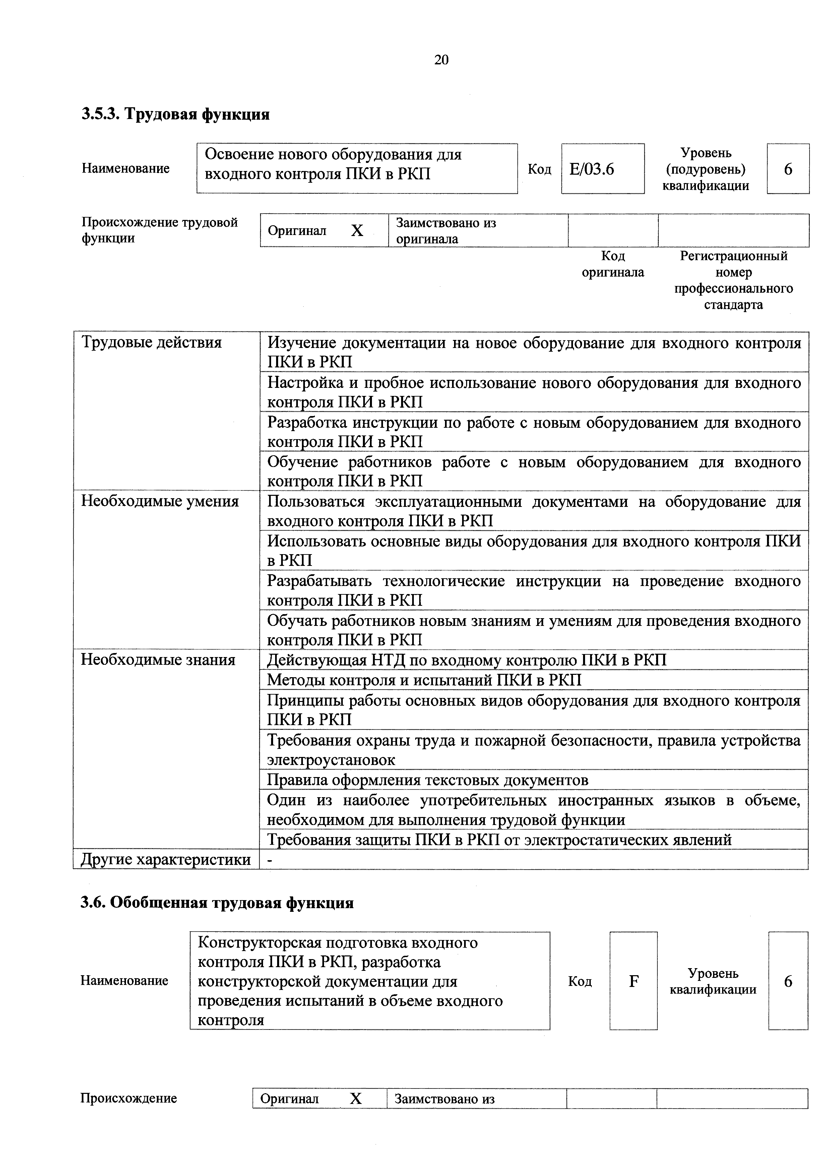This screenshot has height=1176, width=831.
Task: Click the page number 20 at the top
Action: pos(441,60)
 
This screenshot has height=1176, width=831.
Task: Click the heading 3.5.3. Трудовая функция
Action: pos(175,114)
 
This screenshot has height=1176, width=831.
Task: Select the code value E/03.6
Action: pos(591,169)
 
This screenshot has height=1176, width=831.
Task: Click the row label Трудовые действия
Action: pos(151,342)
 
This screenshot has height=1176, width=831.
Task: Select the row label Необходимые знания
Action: pos(158,660)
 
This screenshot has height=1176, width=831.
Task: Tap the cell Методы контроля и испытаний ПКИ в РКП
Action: pos(424,680)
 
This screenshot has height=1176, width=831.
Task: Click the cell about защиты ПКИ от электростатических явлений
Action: pos(499,839)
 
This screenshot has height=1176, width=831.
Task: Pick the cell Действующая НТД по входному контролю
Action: pos(466,660)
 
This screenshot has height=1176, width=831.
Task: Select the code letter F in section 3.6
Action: pos(633,981)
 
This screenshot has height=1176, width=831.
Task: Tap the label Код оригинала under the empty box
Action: pos(613,264)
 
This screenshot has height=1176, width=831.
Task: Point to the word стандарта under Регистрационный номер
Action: pos(733,305)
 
